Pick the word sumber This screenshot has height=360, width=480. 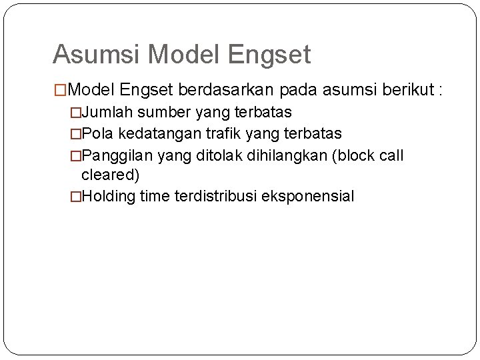pos(160,111)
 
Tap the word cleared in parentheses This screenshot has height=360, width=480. pos(110,175)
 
